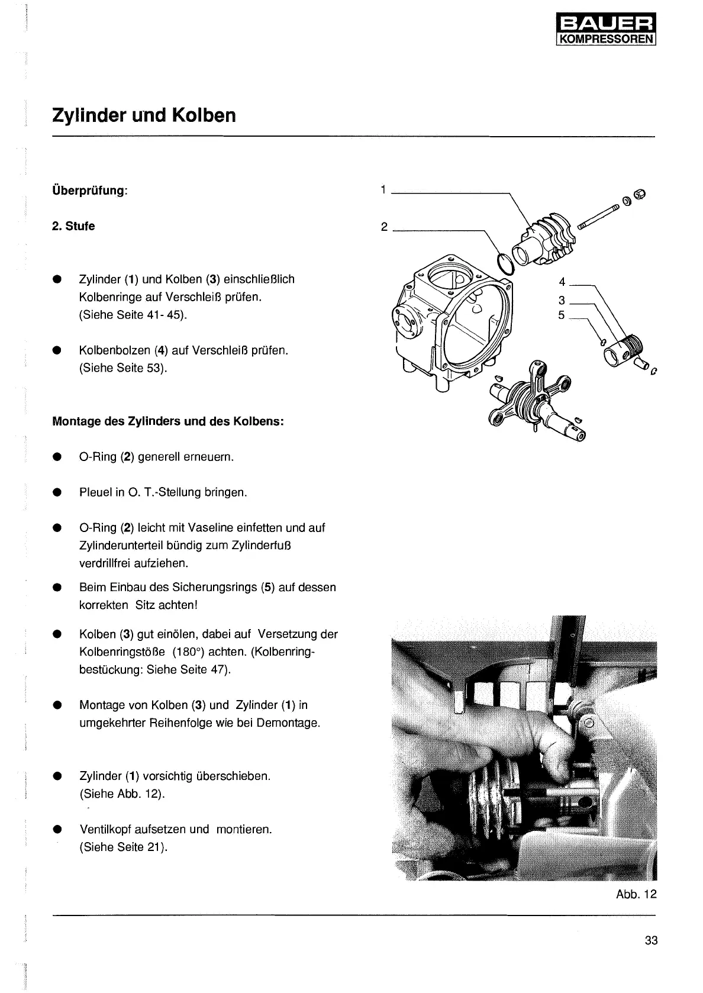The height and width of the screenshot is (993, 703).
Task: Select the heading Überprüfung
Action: tap(89, 191)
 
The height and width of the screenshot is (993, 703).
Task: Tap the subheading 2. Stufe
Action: tap(73, 226)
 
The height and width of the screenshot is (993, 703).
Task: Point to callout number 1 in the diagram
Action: tap(383, 190)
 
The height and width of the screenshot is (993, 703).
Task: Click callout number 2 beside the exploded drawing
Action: tap(384, 227)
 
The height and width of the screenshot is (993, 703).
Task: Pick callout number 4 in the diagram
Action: tap(562, 282)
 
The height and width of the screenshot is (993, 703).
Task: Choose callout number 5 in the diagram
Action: tap(562, 315)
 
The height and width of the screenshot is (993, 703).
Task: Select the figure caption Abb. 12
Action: tap(636, 894)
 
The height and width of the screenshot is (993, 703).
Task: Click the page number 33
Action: tap(651, 940)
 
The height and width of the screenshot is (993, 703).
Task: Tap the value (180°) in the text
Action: tap(191, 652)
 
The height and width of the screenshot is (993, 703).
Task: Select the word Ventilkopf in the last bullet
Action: tap(104, 829)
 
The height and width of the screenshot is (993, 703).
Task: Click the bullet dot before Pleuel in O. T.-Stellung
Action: tap(57, 492)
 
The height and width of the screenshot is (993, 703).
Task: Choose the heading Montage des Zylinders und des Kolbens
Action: tap(168, 422)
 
